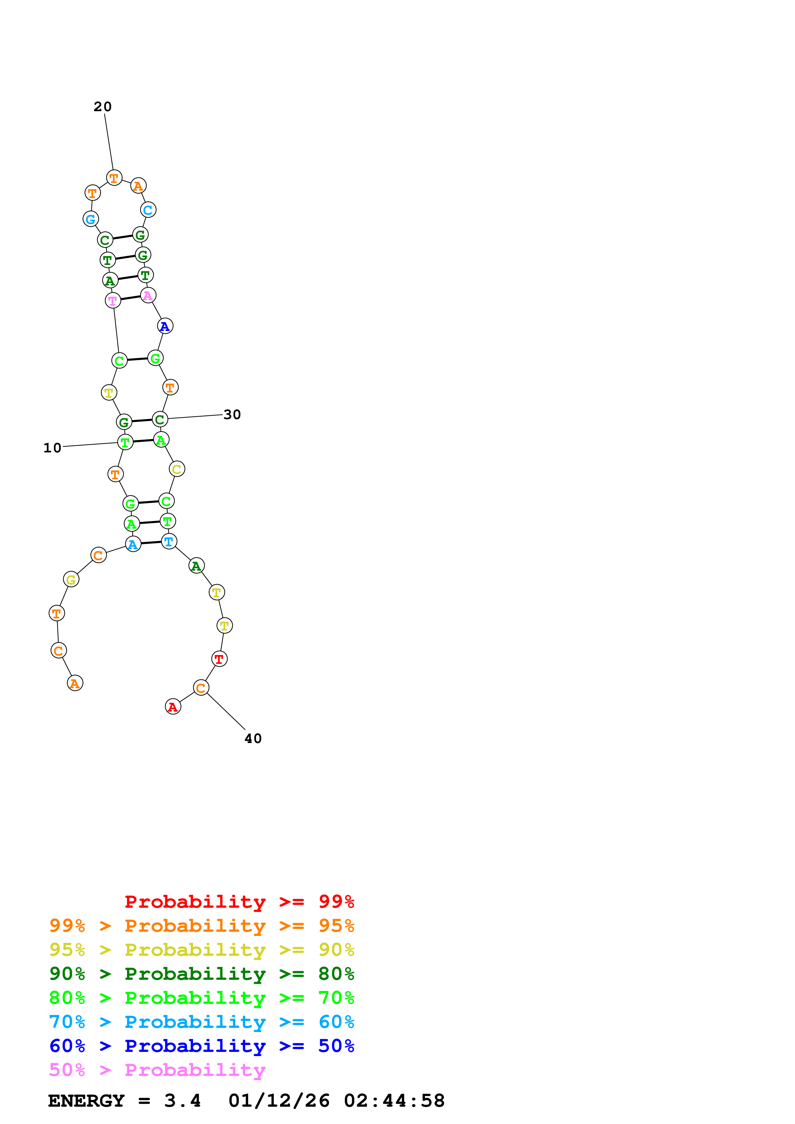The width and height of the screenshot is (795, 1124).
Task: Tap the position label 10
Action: tap(52, 448)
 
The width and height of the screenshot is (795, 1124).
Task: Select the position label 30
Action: tap(232, 415)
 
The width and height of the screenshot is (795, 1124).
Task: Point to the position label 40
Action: tap(253, 739)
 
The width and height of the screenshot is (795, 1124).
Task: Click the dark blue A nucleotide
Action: tap(165, 326)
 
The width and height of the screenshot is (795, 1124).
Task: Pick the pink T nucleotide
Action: tap(113, 301)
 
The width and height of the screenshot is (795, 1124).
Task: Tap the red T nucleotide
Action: tap(219, 659)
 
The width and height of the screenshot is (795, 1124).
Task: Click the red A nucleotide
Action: tap(173, 707)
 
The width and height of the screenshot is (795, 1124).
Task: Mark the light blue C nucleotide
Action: tap(148, 210)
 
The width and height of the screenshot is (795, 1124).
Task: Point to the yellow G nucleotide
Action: tap(71, 580)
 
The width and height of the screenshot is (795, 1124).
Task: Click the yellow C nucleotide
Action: tap(177, 469)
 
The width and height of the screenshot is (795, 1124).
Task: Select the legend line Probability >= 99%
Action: tap(239, 902)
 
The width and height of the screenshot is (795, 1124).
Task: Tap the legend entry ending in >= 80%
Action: tap(201, 974)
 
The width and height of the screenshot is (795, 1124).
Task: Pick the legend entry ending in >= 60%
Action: tap(201, 1022)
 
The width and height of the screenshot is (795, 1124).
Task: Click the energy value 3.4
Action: tap(182, 1101)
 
